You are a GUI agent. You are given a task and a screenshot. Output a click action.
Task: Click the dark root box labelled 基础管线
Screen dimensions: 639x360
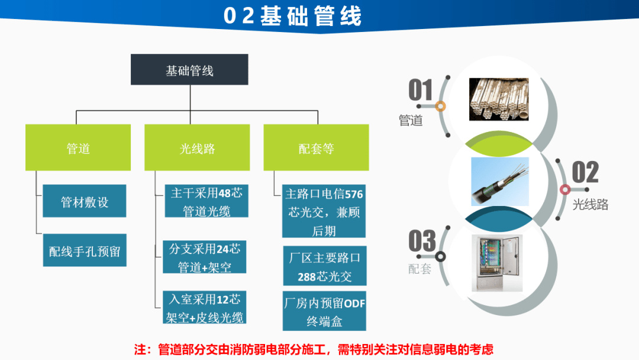click(189, 70)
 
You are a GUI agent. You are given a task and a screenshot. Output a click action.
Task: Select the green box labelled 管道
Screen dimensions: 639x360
click(78, 147)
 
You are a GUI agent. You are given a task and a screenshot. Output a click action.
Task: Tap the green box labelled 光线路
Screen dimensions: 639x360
click(197, 147)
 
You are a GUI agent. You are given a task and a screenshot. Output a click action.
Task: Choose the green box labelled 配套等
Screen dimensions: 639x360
click(316, 147)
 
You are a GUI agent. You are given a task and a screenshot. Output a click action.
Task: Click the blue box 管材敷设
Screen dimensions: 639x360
click(85, 201)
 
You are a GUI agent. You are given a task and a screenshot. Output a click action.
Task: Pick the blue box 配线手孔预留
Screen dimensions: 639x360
click(85, 250)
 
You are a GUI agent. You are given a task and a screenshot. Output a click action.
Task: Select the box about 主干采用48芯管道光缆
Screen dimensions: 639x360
click(206, 201)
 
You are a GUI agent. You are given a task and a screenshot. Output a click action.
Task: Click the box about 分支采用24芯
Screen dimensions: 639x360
click(205, 257)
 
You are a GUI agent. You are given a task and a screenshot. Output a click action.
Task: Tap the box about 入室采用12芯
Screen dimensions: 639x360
click(205, 307)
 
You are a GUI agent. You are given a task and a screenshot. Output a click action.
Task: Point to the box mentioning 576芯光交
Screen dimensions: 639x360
click(324, 211)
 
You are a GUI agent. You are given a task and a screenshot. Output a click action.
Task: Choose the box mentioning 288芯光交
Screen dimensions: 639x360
click(325, 266)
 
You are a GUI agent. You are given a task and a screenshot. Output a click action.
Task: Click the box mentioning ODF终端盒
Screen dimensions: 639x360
click(324, 311)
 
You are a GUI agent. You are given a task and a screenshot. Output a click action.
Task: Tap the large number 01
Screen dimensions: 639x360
click(420, 90)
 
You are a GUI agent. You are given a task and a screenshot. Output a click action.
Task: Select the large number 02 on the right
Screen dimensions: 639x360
click(585, 172)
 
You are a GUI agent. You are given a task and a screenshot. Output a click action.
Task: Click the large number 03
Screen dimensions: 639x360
click(422, 241)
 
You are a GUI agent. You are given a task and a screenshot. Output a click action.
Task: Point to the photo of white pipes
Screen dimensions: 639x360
click(499, 99)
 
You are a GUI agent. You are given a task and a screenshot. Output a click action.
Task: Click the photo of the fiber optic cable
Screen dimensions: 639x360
click(500, 181)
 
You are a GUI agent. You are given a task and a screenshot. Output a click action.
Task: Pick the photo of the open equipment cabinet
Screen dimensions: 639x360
click(497, 263)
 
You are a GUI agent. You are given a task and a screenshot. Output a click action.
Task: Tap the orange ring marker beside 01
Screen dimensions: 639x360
click(440, 107)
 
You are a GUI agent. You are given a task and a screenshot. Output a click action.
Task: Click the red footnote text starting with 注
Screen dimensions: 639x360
click(314, 349)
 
